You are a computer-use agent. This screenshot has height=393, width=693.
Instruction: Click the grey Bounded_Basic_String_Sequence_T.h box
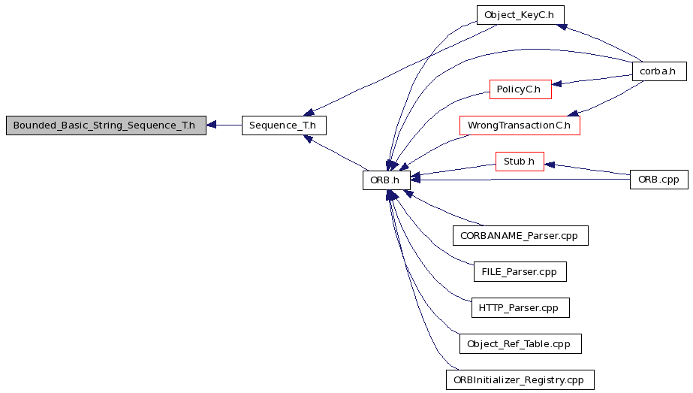[x=106, y=125]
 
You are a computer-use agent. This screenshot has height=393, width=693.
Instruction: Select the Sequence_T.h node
[x=284, y=125]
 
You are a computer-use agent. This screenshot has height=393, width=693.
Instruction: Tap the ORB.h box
[x=386, y=180]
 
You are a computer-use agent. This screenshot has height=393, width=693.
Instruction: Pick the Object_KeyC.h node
[x=520, y=15]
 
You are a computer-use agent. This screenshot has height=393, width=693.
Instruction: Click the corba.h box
[x=659, y=71]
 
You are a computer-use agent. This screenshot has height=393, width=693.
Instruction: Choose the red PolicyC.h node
[x=520, y=89]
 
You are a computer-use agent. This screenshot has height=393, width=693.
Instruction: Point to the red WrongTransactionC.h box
[x=520, y=125]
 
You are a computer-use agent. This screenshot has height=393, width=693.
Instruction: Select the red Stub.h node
[x=520, y=162]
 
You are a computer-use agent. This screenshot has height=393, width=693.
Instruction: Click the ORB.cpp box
[x=659, y=180]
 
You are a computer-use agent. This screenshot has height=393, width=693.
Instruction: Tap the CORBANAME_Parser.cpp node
[x=520, y=235]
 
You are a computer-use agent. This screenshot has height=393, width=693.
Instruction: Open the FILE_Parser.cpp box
[x=520, y=272]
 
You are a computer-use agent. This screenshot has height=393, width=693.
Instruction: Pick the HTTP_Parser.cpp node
[x=520, y=307]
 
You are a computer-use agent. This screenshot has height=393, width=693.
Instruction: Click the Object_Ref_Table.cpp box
[x=520, y=344]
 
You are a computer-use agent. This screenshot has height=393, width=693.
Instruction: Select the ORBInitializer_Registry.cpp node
[x=520, y=379]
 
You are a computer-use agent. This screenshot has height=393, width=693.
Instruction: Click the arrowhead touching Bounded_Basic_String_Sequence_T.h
[x=211, y=125]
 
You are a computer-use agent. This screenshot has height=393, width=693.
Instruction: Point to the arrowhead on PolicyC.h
[x=556, y=84]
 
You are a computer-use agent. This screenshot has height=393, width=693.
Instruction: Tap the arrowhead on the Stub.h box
[x=550, y=165]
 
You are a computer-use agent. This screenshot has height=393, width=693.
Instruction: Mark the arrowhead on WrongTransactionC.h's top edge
[x=573, y=113]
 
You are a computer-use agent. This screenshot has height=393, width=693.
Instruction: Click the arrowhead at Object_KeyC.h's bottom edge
[x=562, y=27]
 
